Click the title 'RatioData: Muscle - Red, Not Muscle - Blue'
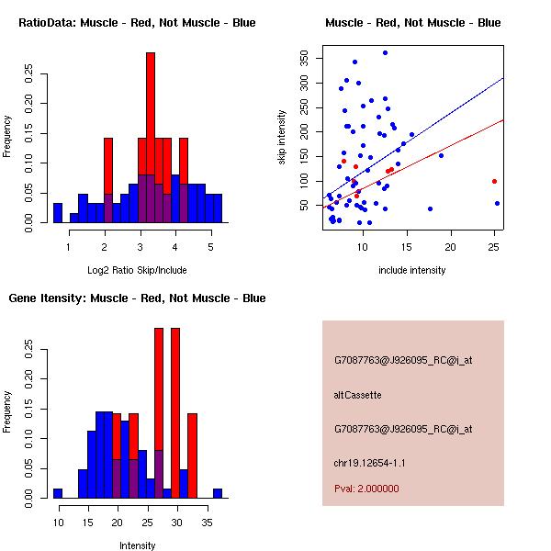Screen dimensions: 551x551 tap(137, 22)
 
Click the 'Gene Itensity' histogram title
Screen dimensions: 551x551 tap(137, 298)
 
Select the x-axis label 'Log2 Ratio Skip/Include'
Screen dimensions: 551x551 tap(137, 270)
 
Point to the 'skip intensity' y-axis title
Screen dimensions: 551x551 tap(283, 138)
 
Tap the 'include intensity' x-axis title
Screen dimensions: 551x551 tap(412, 270)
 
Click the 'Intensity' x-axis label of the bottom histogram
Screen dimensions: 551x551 tap(137, 545)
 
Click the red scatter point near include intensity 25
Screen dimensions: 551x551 tap(494, 181)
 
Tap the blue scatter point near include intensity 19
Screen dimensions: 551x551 tap(441, 155)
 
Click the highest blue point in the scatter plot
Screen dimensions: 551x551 tap(385, 52)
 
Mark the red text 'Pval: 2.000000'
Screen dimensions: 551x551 tap(366, 489)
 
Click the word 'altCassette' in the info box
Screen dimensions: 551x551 tap(357, 395)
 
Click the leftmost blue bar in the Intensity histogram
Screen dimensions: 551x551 tap(58, 492)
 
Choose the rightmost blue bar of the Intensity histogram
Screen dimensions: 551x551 tap(218, 492)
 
